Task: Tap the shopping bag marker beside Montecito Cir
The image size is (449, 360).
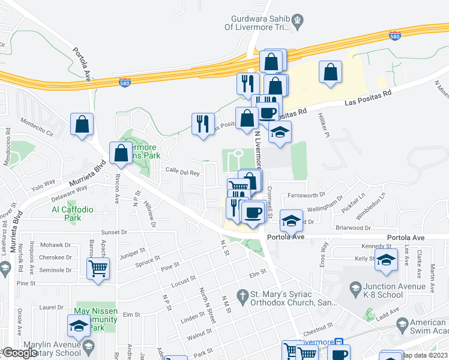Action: (82, 125)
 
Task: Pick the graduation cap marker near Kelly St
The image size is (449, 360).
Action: (387, 261)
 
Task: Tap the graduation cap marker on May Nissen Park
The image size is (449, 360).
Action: (78, 327)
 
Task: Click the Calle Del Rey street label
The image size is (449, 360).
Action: (182, 172)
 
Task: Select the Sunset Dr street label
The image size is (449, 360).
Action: (115, 232)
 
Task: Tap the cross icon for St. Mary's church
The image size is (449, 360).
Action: (243, 295)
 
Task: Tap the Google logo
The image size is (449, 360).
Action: (19, 353)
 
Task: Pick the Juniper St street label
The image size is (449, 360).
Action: (133, 253)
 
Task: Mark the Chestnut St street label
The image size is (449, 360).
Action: (318, 326)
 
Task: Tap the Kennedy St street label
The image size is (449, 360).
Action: (376, 247)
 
